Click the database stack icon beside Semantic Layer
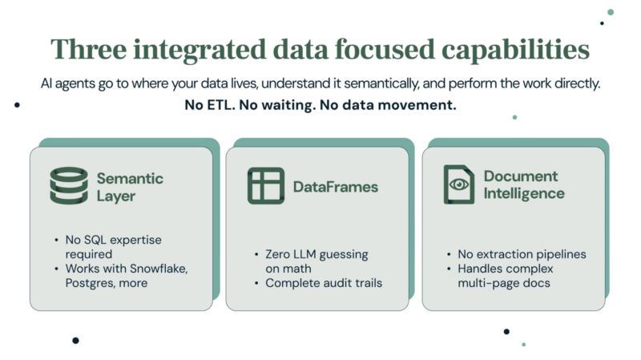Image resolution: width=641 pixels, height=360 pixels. click(69, 186)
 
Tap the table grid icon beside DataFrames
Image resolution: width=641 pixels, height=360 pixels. click(265, 186)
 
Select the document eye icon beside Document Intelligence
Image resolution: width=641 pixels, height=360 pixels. click(459, 185)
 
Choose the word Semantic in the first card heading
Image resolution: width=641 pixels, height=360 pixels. click(130, 178)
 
